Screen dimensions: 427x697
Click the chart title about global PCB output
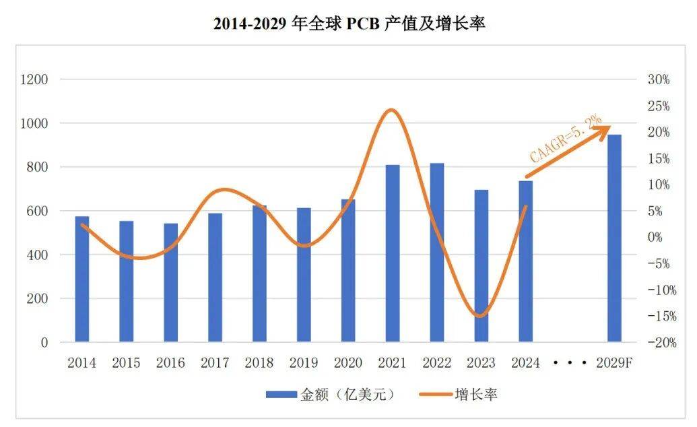click(x=349, y=24)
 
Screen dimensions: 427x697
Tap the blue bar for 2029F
click(x=614, y=238)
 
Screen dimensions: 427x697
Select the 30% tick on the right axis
click(x=658, y=79)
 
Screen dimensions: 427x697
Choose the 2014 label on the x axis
click(x=81, y=363)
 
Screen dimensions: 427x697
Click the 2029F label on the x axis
click(x=614, y=363)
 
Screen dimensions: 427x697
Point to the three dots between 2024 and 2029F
click(x=570, y=362)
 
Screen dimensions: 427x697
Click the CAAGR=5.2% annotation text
click(x=556, y=139)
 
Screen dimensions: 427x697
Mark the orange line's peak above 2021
click(x=392, y=110)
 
